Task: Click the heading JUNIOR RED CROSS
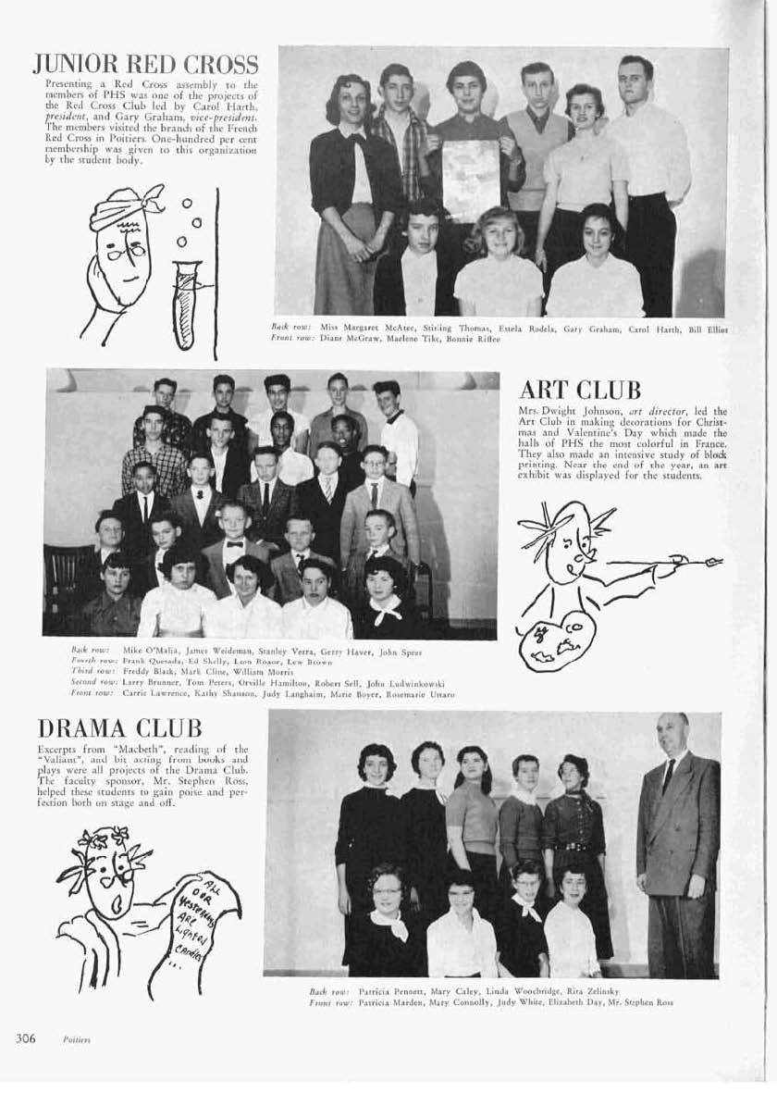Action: pyautogui.click(x=145, y=65)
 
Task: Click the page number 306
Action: pyautogui.click(x=25, y=1038)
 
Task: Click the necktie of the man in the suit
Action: pyautogui.click(x=668, y=776)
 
